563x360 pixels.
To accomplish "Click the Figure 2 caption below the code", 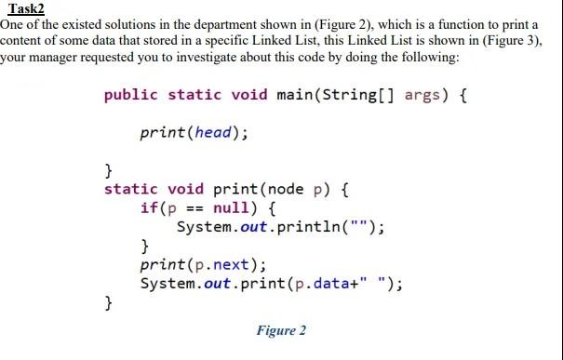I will pyautogui.click(x=281, y=330).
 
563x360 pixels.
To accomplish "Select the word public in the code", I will pyautogui.click(x=131, y=94).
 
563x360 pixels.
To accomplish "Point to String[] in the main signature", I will pyautogui.click(x=354, y=94).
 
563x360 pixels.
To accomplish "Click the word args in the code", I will pyautogui.click(x=421, y=94).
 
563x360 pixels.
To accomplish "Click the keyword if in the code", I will pyautogui.click(x=149, y=207).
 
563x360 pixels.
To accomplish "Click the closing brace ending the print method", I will pyautogui.click(x=109, y=302).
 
